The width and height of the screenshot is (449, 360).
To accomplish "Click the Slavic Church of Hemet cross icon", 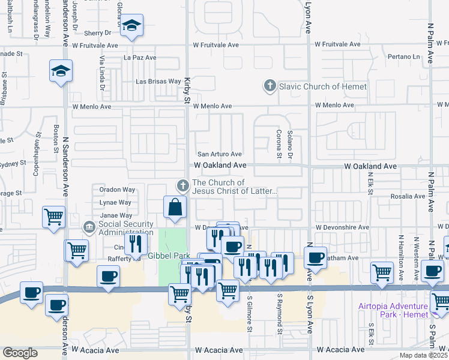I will point(270,86).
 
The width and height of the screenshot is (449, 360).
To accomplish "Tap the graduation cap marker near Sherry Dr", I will point(131,26).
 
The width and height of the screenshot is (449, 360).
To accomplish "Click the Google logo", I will point(20,353).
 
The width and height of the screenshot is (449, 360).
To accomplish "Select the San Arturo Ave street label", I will point(220,154).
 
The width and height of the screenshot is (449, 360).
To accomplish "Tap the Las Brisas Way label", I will point(158,81).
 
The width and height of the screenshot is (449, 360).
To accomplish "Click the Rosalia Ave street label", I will point(408,196).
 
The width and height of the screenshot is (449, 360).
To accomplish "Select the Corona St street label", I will point(279,144).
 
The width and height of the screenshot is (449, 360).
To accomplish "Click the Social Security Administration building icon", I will point(89,227).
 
